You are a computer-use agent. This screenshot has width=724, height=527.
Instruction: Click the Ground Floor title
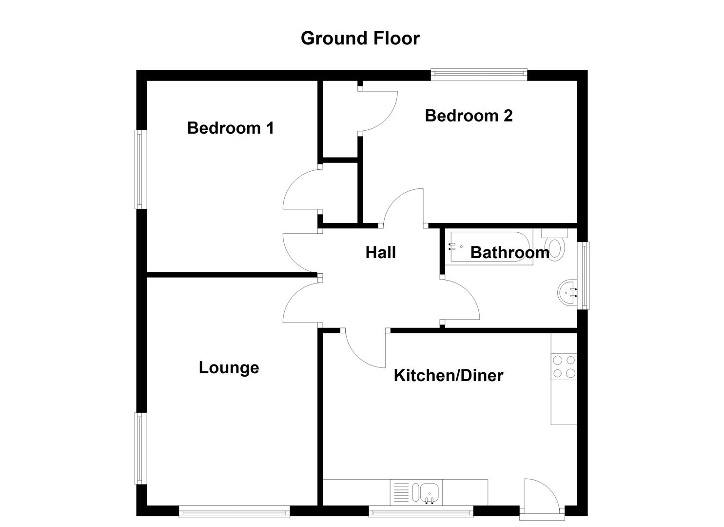[x=360, y=38]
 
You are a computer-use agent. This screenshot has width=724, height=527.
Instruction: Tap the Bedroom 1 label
[x=230, y=128]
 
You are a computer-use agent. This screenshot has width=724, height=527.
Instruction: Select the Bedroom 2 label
[x=469, y=116]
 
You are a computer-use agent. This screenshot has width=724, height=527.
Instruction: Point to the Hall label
[x=380, y=252]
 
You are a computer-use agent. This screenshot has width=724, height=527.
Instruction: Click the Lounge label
[x=229, y=367]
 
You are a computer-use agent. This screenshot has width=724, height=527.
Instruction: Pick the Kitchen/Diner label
[x=448, y=375]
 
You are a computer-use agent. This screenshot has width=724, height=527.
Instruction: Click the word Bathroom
[x=509, y=252]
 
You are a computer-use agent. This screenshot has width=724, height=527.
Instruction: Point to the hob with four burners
[x=564, y=367]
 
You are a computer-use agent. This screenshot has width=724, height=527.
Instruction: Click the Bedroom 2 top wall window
[x=479, y=75]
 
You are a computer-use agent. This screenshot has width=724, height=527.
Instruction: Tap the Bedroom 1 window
[x=140, y=169]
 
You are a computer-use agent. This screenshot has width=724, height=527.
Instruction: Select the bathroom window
[x=583, y=275]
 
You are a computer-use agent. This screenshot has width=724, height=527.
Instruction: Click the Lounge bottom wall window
[x=234, y=511]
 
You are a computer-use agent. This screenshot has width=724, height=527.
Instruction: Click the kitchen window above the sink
[x=421, y=511]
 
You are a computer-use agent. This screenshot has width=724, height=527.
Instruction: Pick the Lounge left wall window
[x=140, y=448]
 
